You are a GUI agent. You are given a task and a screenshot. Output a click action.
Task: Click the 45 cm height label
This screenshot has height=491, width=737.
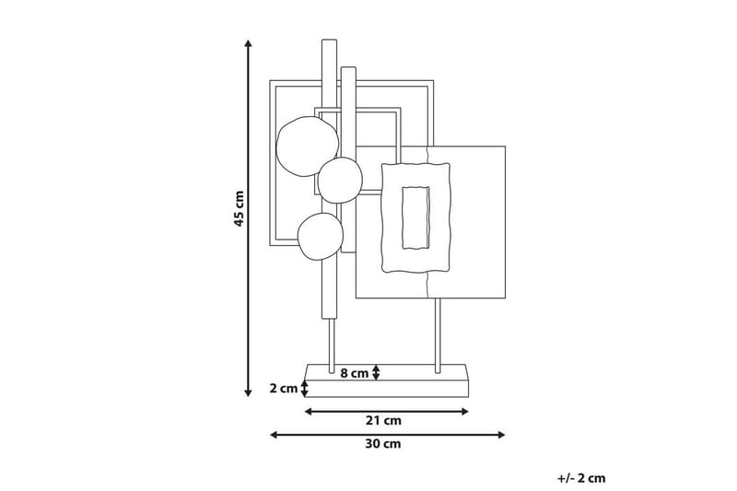[x=240, y=210]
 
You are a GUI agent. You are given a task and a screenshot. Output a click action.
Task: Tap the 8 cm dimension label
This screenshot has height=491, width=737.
[x=354, y=373]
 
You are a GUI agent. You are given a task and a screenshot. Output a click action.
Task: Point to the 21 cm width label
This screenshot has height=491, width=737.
[x=388, y=420]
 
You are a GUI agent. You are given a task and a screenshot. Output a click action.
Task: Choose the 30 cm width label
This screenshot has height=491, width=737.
[x=388, y=443]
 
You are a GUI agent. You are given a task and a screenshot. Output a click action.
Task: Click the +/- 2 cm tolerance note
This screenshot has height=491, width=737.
[x=581, y=477]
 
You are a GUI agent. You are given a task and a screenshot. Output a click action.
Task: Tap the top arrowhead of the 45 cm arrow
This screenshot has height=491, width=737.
[x=248, y=43]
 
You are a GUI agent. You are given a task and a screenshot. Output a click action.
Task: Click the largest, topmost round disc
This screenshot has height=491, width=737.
[x=306, y=148]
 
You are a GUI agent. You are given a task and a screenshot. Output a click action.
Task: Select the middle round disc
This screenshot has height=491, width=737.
[x=341, y=179]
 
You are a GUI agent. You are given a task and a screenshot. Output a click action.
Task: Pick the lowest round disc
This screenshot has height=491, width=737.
[x=320, y=236]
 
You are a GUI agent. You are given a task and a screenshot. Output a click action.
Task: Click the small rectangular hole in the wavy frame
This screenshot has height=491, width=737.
[x=416, y=217]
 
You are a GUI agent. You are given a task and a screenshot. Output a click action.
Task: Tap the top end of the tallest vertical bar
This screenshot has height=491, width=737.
[x=330, y=43]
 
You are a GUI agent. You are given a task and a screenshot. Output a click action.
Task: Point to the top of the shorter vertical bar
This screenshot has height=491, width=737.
[x=348, y=71]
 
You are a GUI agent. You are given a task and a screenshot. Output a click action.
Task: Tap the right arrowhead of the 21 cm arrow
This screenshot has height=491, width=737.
[x=466, y=411]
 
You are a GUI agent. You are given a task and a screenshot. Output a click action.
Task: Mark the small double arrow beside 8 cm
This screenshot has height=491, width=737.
[x=376, y=372]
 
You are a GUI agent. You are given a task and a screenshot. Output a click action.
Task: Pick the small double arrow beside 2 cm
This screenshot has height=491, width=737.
[x=305, y=389]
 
